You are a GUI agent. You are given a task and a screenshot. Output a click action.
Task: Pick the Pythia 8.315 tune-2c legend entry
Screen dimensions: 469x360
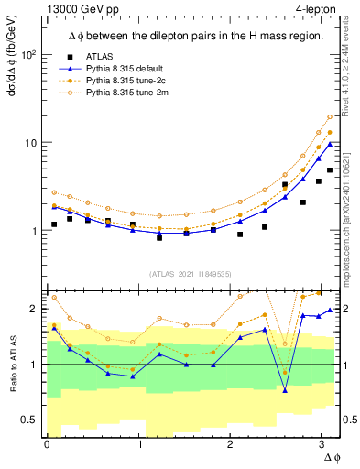[122, 82]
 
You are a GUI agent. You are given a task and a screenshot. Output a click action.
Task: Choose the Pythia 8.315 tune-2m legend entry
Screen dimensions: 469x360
[122, 93]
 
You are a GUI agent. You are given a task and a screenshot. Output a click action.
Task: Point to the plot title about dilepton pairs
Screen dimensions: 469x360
[182, 36]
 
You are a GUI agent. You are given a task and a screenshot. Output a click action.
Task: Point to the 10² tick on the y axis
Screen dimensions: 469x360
[30, 55]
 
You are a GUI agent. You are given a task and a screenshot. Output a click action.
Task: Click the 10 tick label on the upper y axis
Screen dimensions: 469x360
[30, 143]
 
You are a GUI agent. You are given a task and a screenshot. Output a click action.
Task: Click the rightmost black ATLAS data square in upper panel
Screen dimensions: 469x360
[330, 170]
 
